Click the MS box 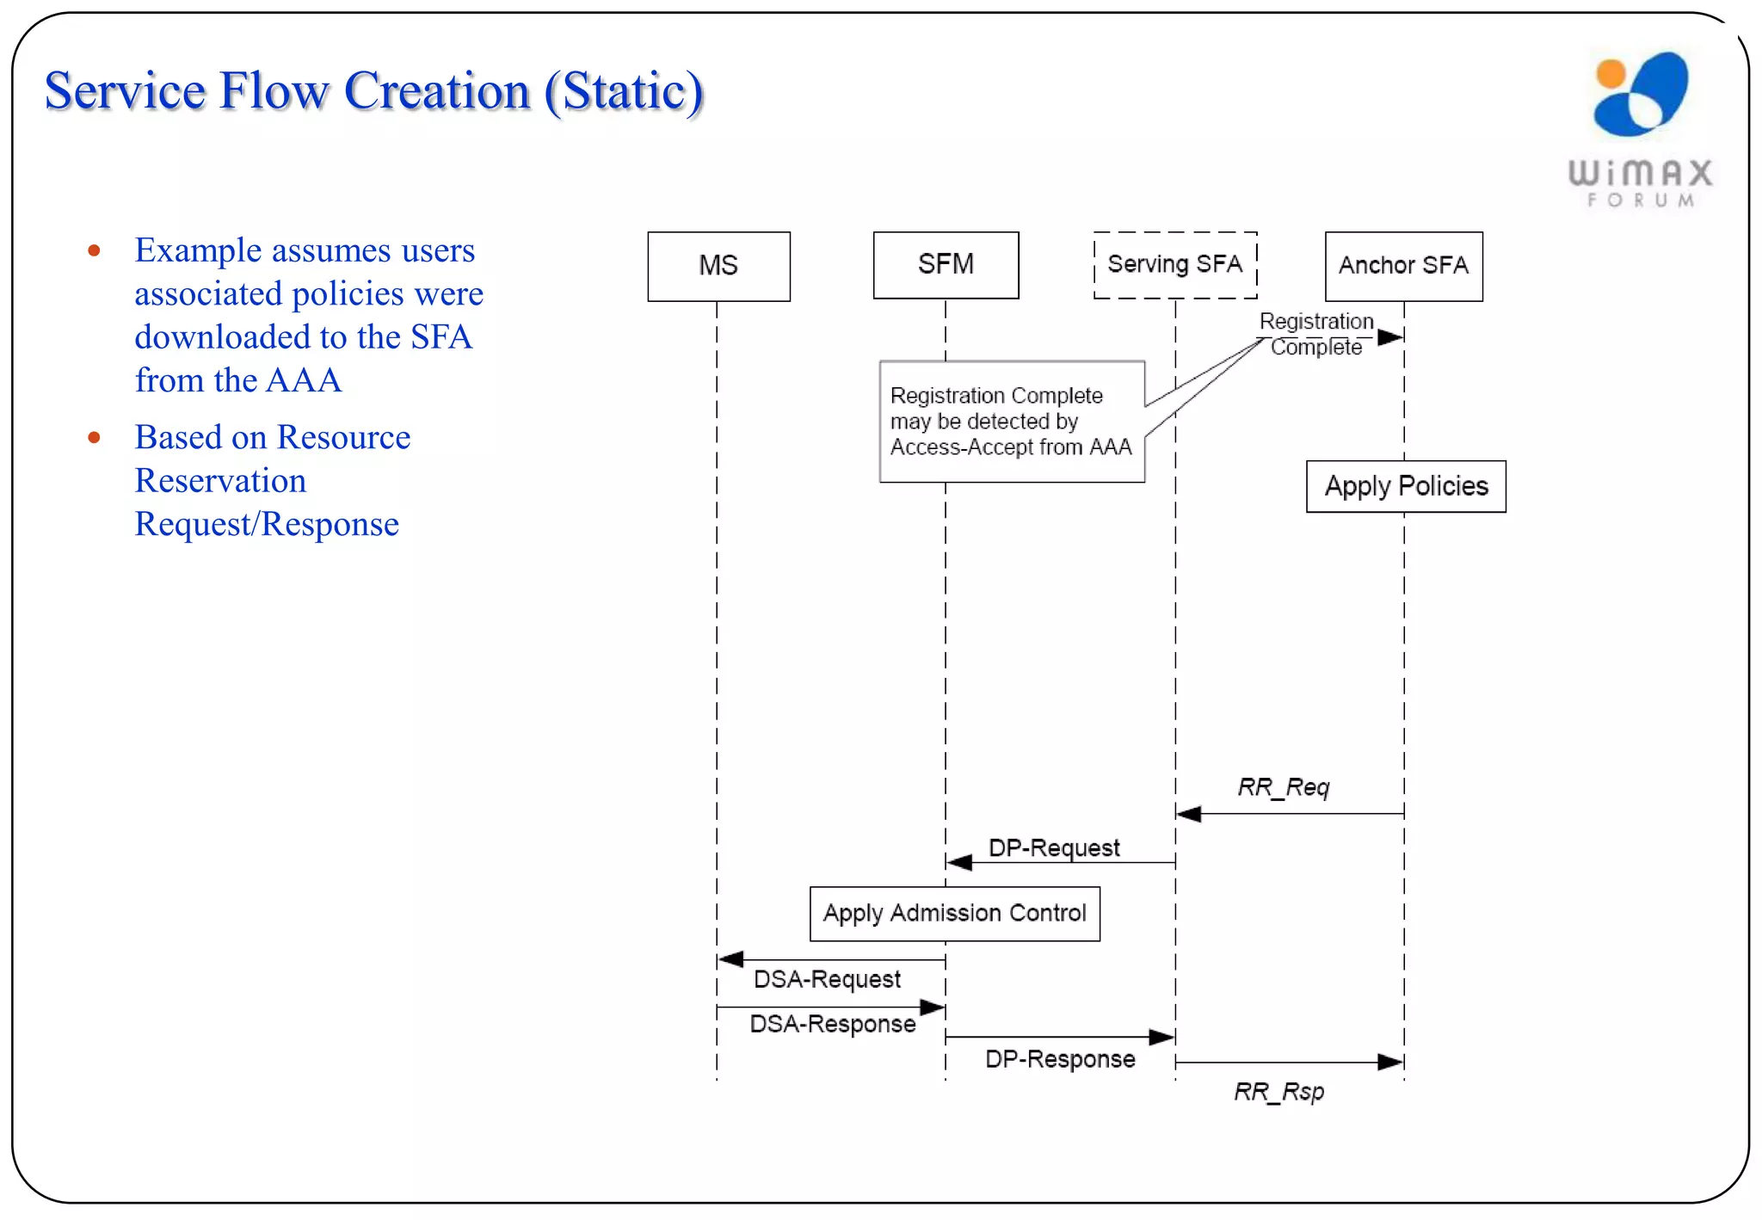point(718,266)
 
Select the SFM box point(946,264)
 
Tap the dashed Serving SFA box point(1174,264)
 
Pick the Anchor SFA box point(1403,266)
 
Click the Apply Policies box point(1406,486)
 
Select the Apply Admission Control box point(954,913)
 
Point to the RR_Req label point(1283,787)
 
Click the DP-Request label point(1054,848)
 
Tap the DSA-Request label point(827,979)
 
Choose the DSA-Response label point(832,1024)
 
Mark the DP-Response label point(1059,1059)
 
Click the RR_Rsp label point(1278,1092)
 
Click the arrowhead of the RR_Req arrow point(1189,814)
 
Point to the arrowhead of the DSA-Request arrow point(730,958)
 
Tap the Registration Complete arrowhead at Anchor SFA point(1391,337)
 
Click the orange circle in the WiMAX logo point(1611,74)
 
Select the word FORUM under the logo point(1641,200)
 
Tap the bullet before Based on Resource point(95,438)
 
